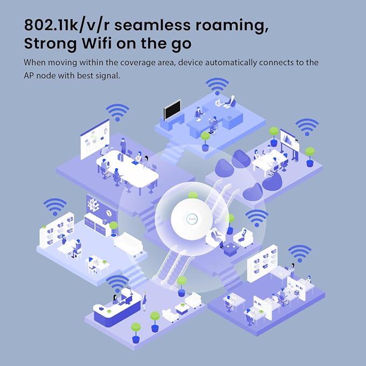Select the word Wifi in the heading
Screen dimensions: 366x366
coord(96,43)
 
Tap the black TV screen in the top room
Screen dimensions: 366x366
coord(172,109)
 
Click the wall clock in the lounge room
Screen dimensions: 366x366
coord(108,213)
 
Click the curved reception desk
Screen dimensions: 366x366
coord(117,307)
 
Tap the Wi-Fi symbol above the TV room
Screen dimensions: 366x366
coord(217,86)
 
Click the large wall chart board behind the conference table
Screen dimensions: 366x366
coord(95,139)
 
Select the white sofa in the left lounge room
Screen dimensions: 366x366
coord(129,244)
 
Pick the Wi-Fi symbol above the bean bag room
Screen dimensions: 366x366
coord(307,127)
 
